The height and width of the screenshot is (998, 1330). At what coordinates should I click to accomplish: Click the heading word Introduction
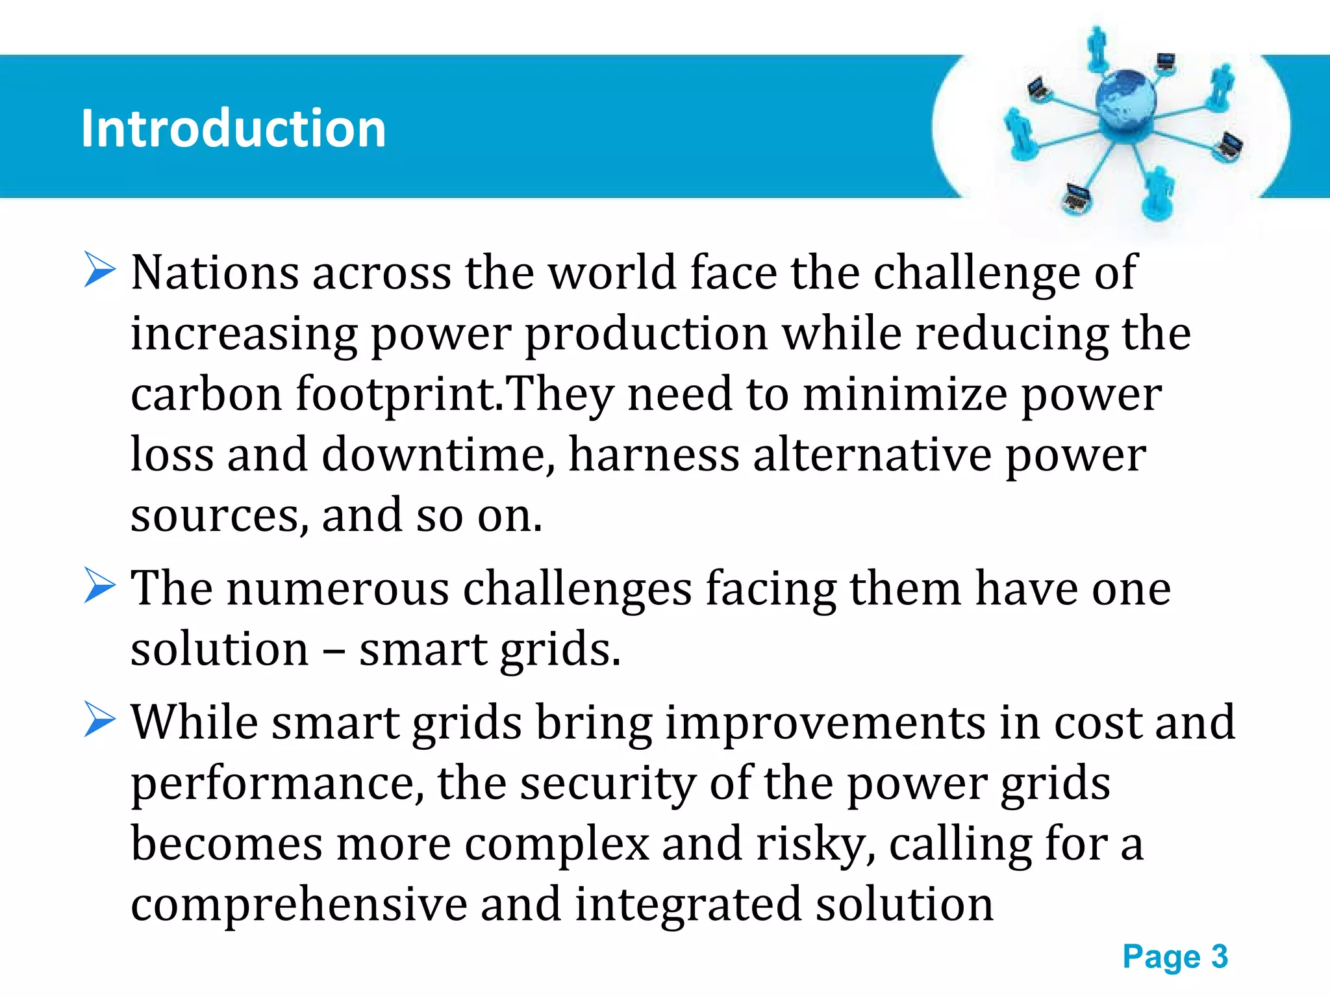[x=233, y=128]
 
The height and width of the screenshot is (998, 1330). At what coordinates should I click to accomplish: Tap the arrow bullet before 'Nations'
[x=99, y=270]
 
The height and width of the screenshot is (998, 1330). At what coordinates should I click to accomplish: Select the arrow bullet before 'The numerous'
[x=99, y=585]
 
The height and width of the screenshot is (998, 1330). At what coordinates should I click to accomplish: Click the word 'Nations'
[x=215, y=272]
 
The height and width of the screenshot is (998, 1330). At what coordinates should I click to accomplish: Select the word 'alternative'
[x=872, y=454]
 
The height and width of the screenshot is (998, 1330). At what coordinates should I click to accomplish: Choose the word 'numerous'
[x=338, y=589]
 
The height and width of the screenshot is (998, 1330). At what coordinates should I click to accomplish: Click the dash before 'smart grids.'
[x=334, y=650]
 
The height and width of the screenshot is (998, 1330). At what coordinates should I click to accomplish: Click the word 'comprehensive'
[x=299, y=905]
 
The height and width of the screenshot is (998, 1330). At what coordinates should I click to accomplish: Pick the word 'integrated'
[x=688, y=905]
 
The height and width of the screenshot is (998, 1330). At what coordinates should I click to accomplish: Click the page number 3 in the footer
[x=1219, y=956]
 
